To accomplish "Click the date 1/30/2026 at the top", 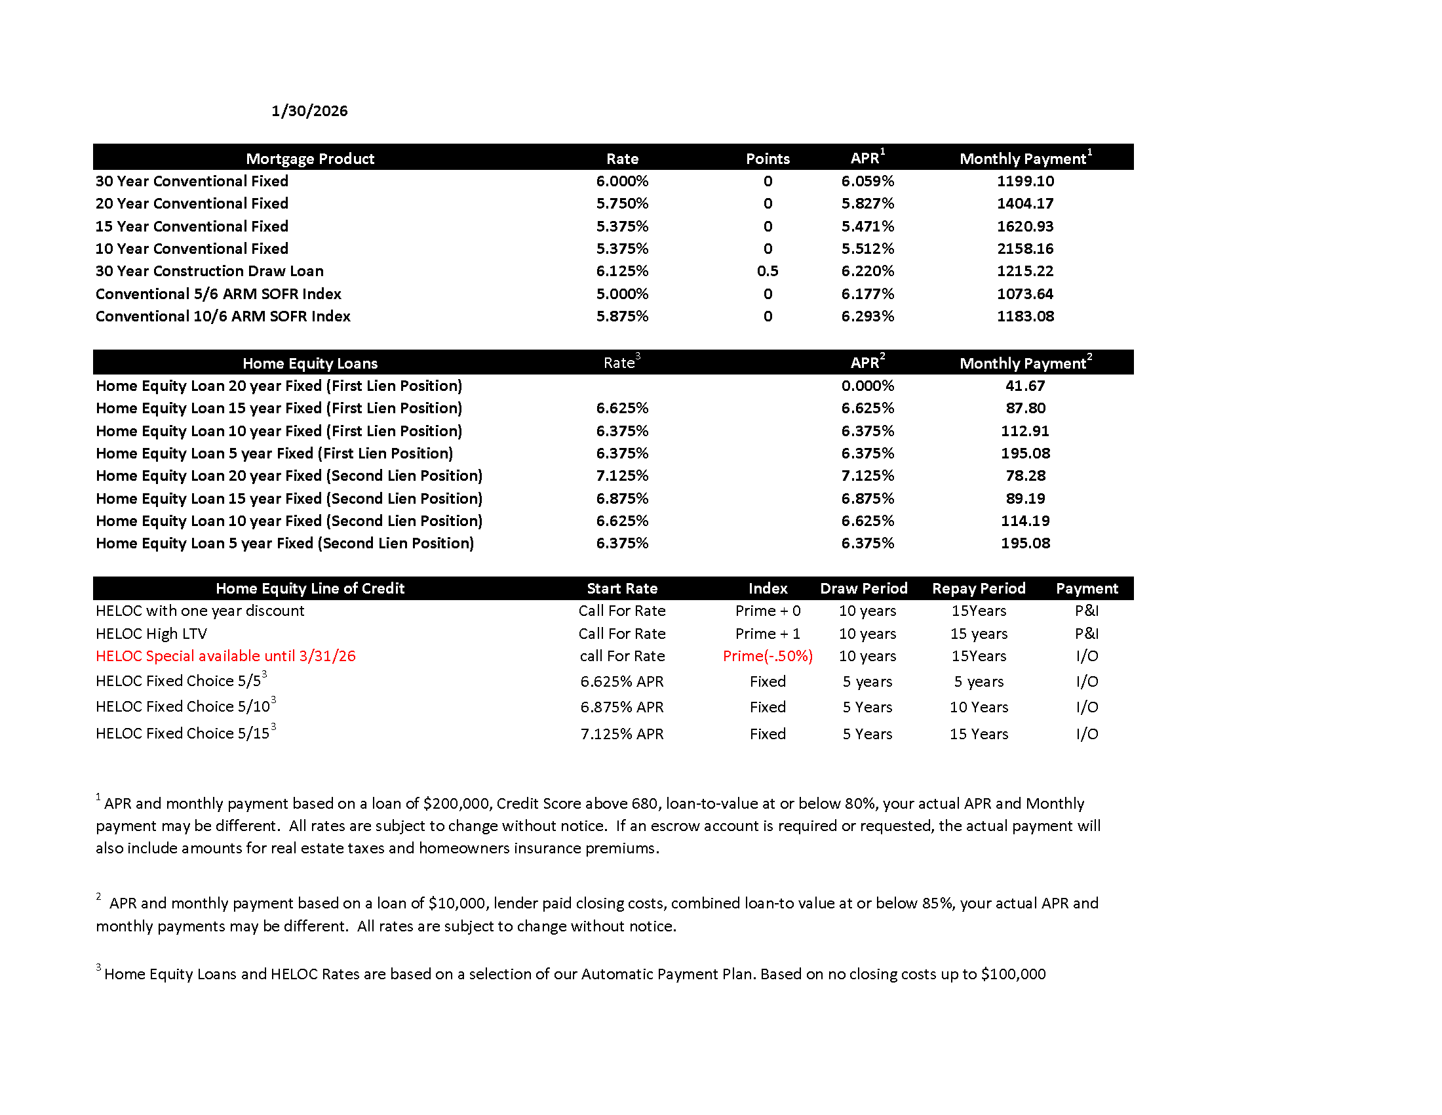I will [309, 111].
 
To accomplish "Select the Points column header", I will [768, 159].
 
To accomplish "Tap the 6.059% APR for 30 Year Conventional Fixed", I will [867, 181].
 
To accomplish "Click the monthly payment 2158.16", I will [1024, 249].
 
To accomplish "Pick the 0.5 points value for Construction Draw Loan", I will [768, 271].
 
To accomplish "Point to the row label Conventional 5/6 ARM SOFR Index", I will [218, 294].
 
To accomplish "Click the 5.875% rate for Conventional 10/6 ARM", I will [622, 316].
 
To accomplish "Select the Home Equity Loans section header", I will [309, 363].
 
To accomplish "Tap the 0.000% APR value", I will [867, 386].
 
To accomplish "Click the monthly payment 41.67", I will [1024, 386].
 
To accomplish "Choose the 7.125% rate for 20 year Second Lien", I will [622, 476].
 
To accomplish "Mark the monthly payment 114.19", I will [1024, 521].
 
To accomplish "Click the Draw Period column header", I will [864, 588].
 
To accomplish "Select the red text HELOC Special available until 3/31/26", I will [225, 656].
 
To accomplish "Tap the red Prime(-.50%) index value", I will [768, 656].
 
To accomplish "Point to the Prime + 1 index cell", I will [768, 634].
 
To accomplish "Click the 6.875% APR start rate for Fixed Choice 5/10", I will [622, 707].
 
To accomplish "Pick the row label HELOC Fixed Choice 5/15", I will [182, 733].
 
